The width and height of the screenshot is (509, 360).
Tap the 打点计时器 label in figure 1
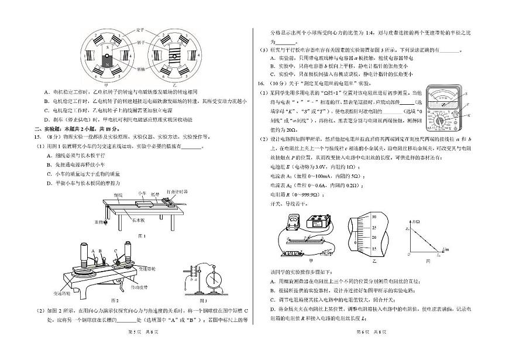point(177,191)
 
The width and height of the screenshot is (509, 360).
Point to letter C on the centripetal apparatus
point(116,253)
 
